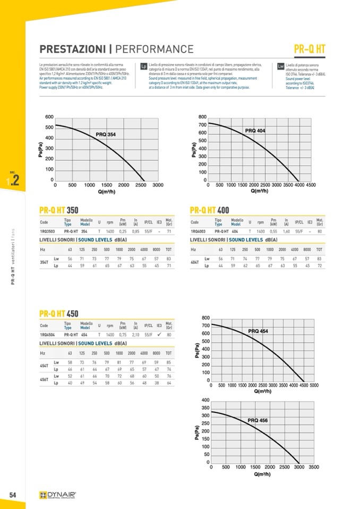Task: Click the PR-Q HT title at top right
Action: click(310, 49)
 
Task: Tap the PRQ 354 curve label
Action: click(106, 135)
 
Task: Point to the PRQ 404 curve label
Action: click(255, 131)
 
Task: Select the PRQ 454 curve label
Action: click(258, 331)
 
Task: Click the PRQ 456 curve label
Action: click(258, 420)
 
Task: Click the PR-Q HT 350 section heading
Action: click(59, 210)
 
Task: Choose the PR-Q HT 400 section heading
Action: click(209, 210)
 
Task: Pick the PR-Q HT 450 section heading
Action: click(59, 313)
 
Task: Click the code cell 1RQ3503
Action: click(48, 231)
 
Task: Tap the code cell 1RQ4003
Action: click(199, 231)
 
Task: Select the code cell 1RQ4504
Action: click(48, 335)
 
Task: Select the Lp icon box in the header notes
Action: click(143, 67)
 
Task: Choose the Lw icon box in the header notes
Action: click(280, 66)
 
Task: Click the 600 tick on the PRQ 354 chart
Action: click(49, 117)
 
